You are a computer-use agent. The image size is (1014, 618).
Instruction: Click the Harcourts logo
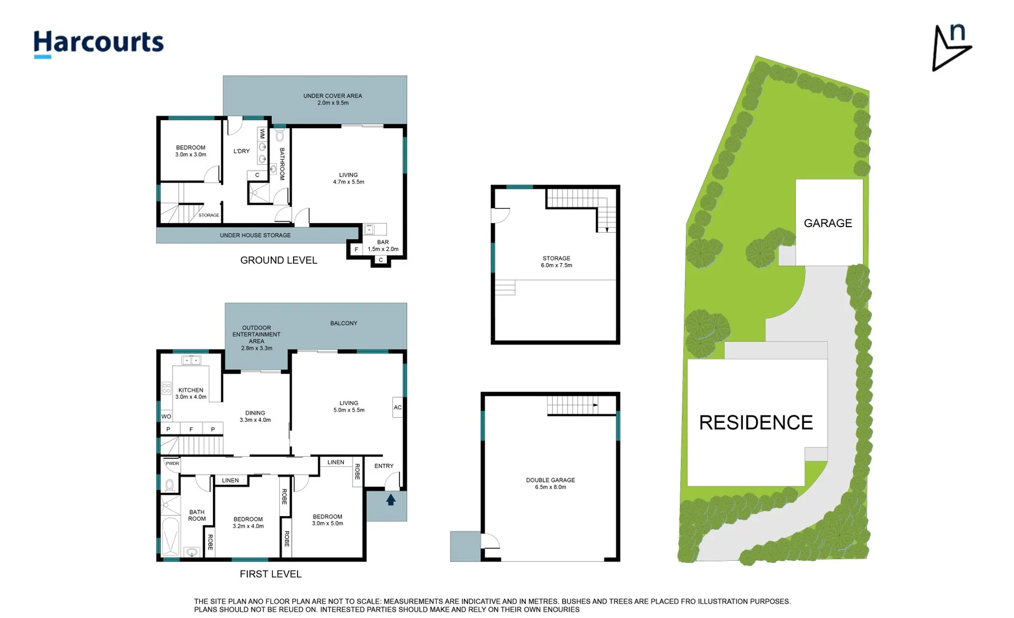98,43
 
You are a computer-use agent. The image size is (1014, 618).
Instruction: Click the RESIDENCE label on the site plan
755,423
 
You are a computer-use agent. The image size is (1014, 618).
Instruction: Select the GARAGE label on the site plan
827,223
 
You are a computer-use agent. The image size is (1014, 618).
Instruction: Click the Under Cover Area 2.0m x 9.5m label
332,100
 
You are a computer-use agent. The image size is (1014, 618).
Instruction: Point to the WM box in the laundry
262,133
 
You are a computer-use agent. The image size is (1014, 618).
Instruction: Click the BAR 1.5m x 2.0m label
383,245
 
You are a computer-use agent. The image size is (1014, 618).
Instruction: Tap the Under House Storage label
255,235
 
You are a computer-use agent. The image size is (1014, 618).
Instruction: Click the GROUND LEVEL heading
278,260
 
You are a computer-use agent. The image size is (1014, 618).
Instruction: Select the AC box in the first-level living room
398,407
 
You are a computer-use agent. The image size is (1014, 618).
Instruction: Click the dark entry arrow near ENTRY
391,500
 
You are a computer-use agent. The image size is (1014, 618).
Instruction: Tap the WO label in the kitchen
166,417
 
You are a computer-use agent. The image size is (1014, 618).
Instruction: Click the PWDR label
172,463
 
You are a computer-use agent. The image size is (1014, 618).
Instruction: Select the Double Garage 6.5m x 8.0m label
550,484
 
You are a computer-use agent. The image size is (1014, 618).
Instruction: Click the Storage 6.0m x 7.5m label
556,262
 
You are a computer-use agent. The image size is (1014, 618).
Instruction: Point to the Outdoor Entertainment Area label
256,338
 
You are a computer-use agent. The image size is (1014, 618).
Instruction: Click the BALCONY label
343,323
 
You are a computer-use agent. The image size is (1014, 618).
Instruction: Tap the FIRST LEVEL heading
270,574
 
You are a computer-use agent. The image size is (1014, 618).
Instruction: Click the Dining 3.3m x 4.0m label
255,416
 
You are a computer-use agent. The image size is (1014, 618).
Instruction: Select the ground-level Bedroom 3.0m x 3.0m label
191,151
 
